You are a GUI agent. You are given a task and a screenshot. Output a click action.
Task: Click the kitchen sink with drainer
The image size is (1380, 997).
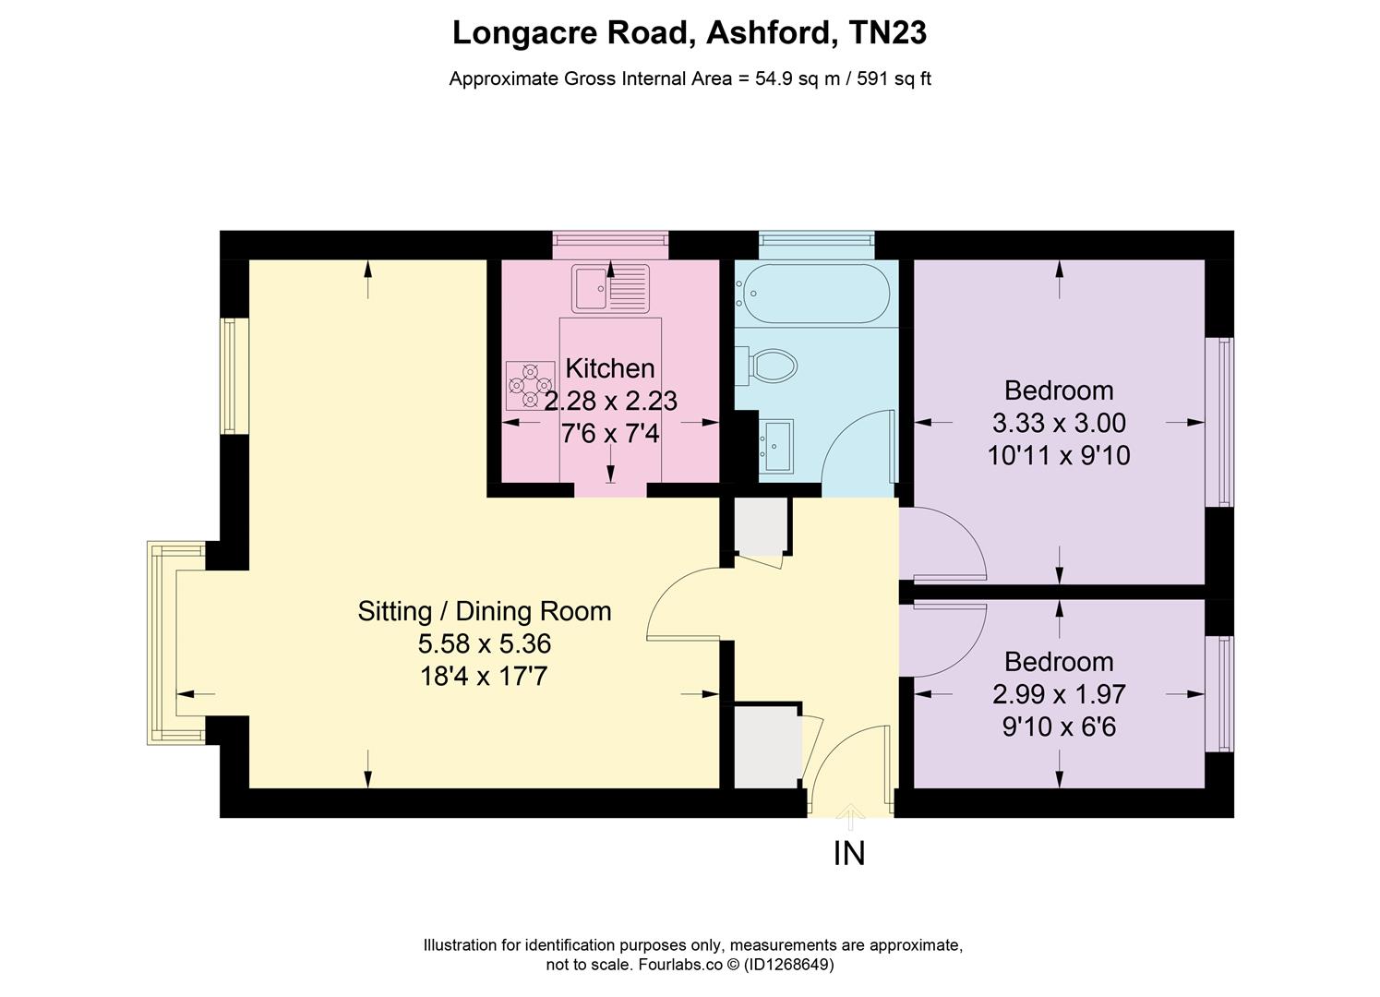tap(610, 288)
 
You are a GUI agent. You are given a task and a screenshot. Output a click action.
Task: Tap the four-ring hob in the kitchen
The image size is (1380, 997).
tap(530, 386)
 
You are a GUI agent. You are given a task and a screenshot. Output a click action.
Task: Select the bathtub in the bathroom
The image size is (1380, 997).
tap(816, 294)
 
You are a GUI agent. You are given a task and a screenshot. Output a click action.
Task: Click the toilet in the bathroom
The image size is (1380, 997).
tap(766, 366)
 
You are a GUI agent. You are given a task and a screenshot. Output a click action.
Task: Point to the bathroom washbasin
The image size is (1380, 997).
tap(775, 446)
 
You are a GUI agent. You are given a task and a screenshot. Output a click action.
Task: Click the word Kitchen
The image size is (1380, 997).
tap(610, 368)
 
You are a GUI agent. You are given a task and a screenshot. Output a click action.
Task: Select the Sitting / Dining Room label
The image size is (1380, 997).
tap(485, 611)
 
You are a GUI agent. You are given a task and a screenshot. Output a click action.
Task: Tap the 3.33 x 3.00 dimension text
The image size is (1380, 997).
tap(1059, 423)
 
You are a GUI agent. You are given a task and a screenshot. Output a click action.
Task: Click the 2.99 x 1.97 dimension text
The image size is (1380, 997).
tap(1059, 694)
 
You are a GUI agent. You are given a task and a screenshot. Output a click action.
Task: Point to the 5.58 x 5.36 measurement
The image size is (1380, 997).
tap(485, 644)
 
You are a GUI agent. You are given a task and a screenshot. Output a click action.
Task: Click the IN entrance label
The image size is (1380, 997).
tap(849, 854)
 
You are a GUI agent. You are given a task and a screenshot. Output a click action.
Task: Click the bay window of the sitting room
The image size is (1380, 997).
tap(175, 643)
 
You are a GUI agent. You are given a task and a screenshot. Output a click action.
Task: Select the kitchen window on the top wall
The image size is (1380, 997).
tap(610, 246)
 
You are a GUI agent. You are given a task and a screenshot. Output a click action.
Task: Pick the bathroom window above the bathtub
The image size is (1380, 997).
tap(816, 246)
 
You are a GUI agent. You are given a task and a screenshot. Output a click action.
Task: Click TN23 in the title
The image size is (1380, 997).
tap(888, 32)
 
